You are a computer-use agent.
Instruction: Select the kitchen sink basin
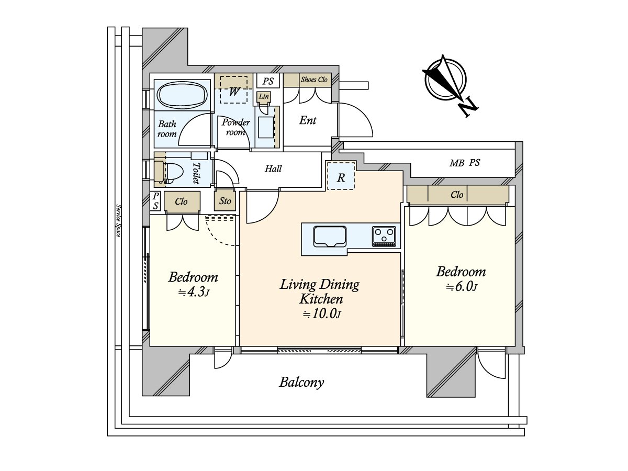coord(329,236)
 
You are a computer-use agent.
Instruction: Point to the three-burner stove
coord(385,236)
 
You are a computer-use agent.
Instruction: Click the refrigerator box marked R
coord(341,177)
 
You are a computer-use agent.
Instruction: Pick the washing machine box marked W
coord(234,91)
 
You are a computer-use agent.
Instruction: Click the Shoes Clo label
coord(313,80)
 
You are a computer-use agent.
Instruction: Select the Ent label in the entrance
coord(308,121)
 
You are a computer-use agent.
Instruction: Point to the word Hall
coord(273,169)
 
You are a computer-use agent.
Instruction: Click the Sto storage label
coord(225,201)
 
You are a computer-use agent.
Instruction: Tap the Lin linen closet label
coord(264,97)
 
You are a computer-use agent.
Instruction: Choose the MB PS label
coord(464,163)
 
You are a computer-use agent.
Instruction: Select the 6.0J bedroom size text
coord(461,287)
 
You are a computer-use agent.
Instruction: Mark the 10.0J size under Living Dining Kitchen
coord(321,315)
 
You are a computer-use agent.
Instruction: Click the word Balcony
coord(301,383)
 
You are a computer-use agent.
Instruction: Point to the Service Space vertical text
coord(119,220)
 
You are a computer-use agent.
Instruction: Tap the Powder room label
coord(235,127)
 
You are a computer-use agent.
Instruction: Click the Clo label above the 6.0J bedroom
coord(457,195)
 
